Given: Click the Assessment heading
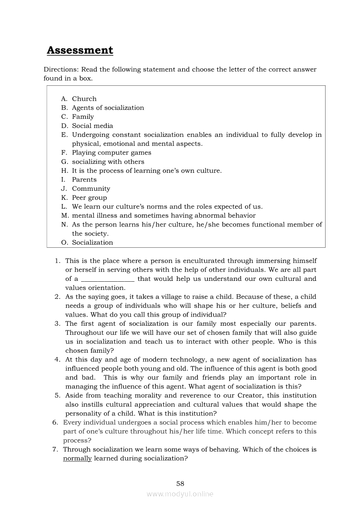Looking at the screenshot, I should (x=80, y=51).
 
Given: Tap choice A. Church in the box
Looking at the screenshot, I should (x=84, y=99).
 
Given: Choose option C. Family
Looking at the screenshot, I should (x=83, y=117).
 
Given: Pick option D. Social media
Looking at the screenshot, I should (x=92, y=126).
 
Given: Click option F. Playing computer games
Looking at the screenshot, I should (x=112, y=153).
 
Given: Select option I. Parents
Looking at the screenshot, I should (x=84, y=180).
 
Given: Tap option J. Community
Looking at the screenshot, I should (x=91, y=189).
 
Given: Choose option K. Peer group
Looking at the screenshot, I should (x=89, y=198).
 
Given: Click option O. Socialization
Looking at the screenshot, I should (x=92, y=243).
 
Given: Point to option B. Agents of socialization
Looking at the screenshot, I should (x=108, y=108).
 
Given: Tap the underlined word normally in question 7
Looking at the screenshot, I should (x=77, y=458).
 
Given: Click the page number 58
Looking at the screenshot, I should (x=180, y=483).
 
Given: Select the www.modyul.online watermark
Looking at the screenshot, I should (x=180, y=494).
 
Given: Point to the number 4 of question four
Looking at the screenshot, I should (x=57, y=360).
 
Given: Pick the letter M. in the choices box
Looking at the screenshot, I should (x=65, y=216).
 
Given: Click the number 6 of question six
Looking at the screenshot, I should (x=55, y=423).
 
